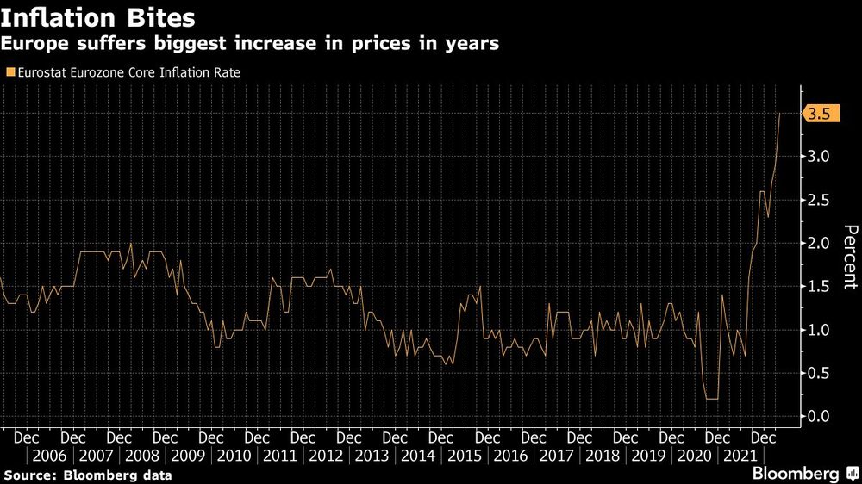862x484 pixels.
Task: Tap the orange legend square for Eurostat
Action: pos(9,73)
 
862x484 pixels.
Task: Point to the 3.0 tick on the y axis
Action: pos(819,157)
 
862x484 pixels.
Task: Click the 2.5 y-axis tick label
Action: pos(819,200)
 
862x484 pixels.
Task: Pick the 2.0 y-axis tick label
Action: pos(819,244)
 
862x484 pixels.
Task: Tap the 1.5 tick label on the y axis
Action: pos(819,287)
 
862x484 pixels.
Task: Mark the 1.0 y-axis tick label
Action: pos(819,330)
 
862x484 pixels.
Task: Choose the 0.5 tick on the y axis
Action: pos(819,373)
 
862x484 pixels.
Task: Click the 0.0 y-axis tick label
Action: pos(819,417)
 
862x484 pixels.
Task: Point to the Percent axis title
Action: pos(850,256)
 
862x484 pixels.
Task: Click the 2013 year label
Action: pos(372,456)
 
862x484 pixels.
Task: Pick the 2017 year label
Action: pos(557,456)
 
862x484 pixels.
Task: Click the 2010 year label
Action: pos(234,456)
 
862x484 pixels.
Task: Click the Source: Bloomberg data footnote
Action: pos(87,475)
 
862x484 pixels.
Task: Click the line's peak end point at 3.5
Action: pos(780,114)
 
